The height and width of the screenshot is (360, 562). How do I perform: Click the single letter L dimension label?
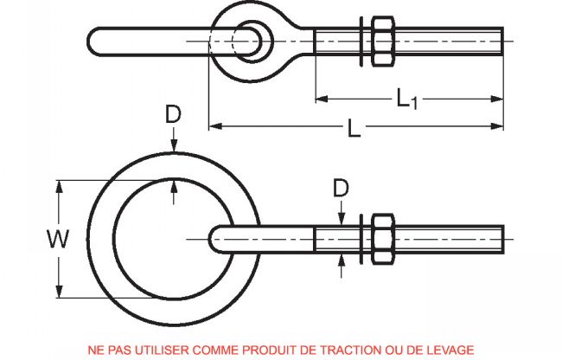pyautogui.click(x=353, y=130)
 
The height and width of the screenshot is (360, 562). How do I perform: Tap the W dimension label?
pyautogui.click(x=31, y=239)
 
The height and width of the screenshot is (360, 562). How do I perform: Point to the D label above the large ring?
pyautogui.click(x=175, y=116)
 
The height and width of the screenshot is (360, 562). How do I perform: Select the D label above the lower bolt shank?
pyautogui.click(x=342, y=187)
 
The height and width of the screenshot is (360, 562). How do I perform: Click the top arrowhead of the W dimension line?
pyautogui.click(x=59, y=183)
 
